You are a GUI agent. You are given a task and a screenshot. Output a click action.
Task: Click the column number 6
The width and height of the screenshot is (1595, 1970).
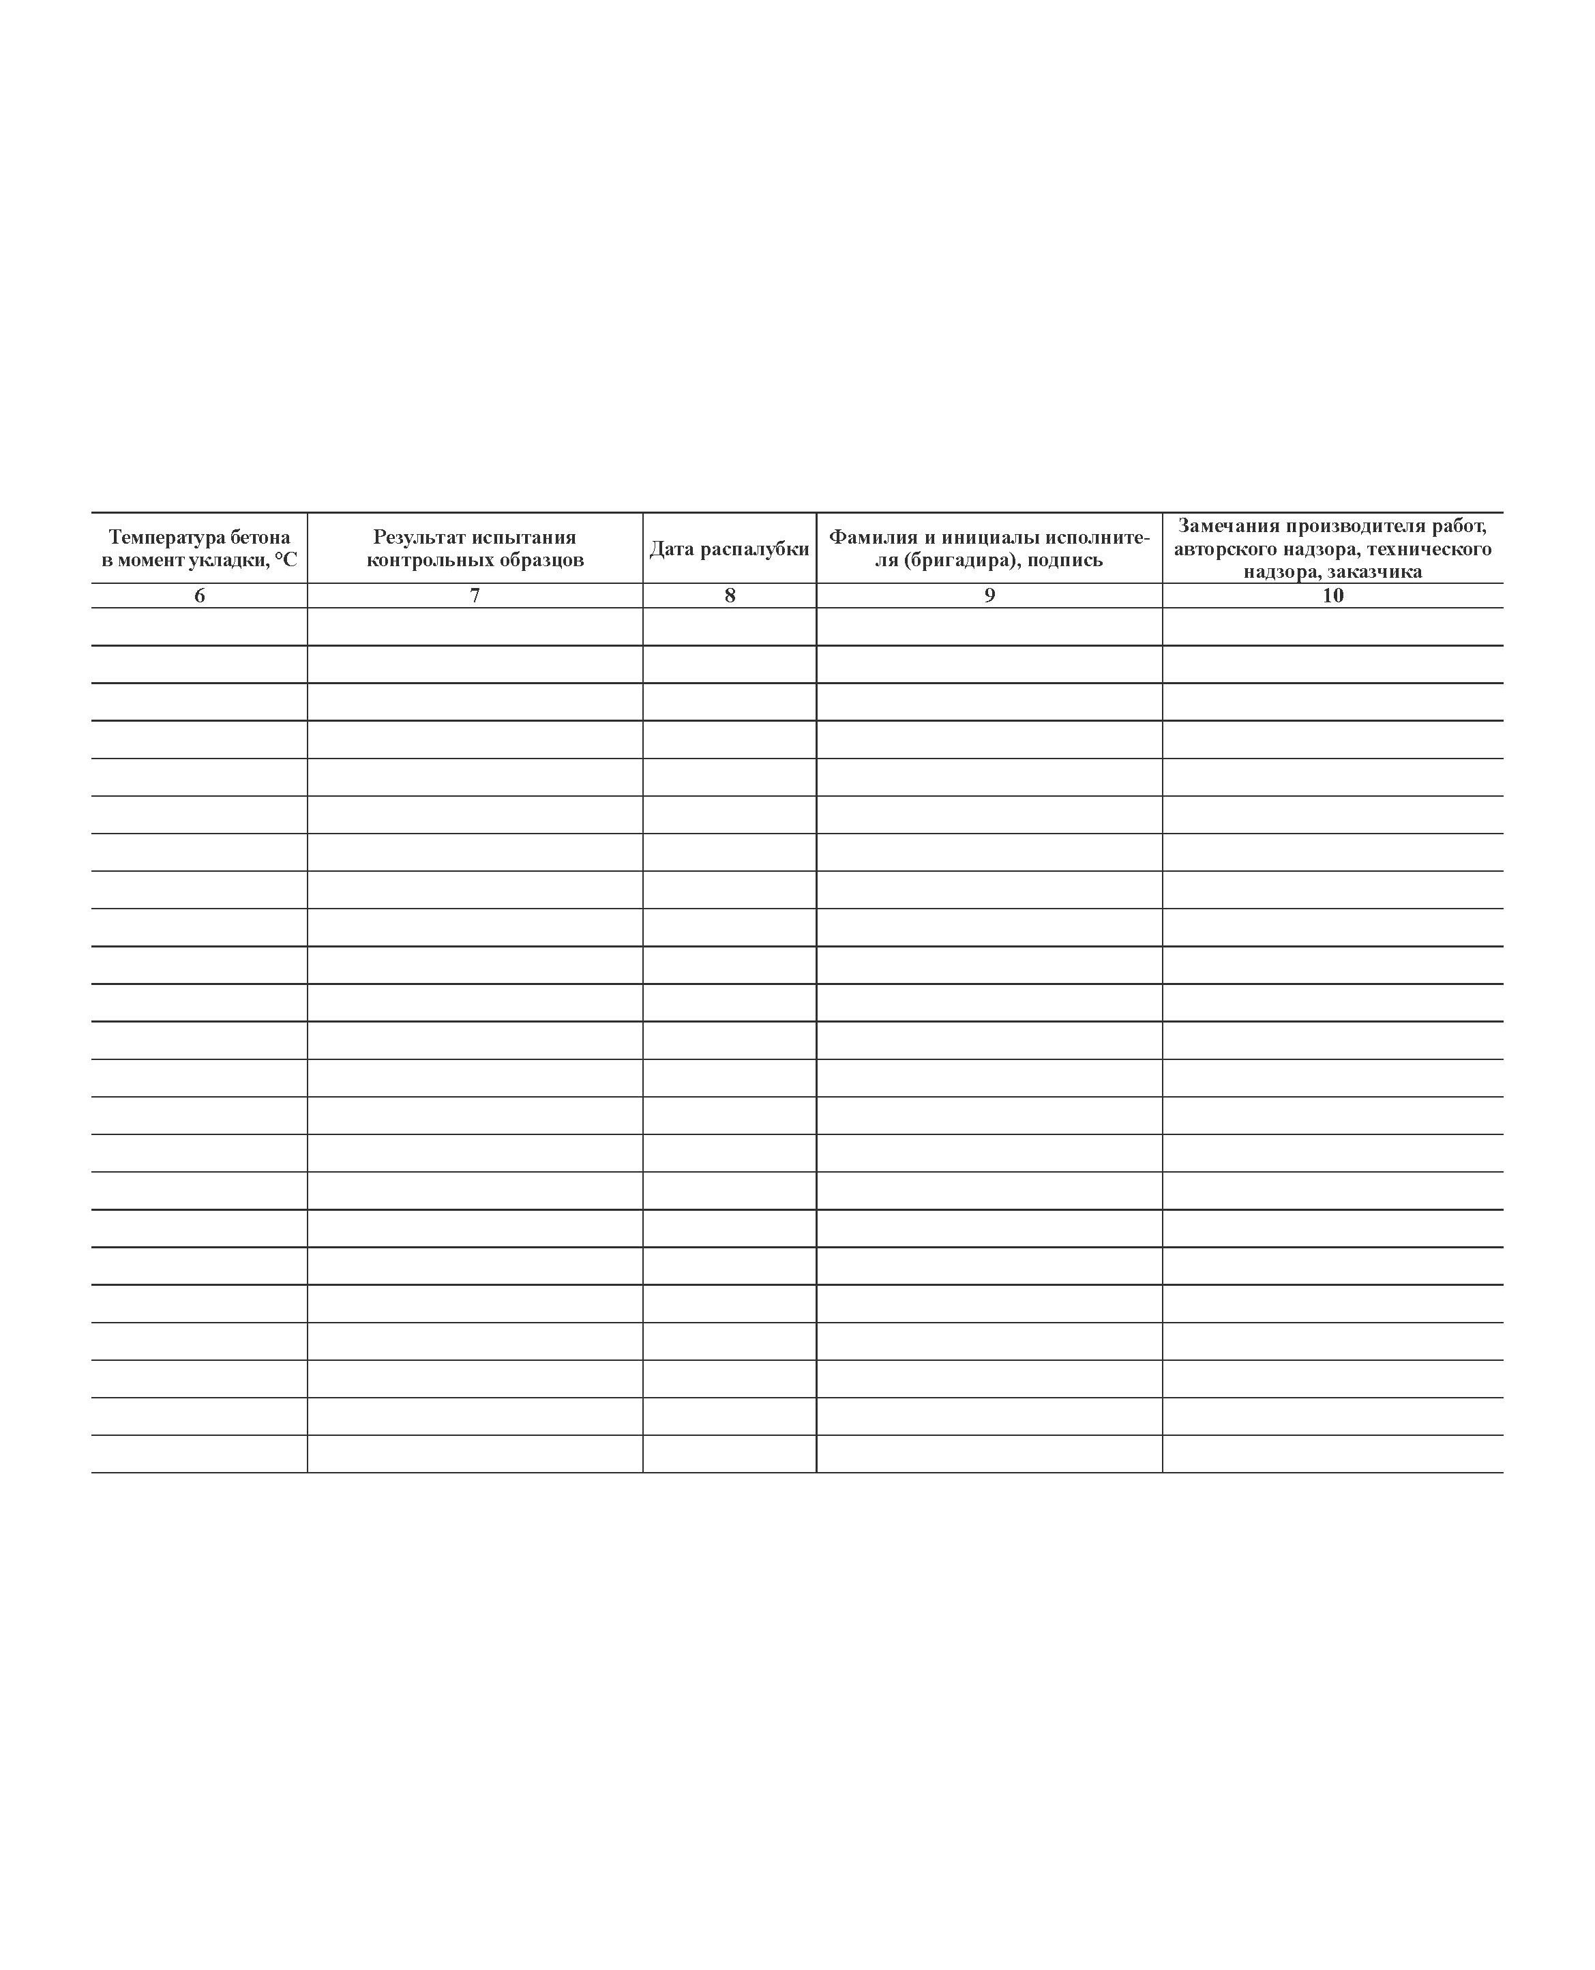tap(199, 596)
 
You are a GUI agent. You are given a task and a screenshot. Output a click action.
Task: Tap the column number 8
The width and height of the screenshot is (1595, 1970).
tap(730, 596)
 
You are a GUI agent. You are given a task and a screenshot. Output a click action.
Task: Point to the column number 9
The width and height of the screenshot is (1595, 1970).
tap(989, 596)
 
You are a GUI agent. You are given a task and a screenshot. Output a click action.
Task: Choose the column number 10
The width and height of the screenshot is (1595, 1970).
tap(1332, 596)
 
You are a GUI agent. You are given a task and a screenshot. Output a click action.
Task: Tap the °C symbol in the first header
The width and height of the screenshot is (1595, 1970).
tap(286, 559)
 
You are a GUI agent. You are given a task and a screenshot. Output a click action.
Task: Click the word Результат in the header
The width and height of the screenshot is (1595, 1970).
tap(419, 538)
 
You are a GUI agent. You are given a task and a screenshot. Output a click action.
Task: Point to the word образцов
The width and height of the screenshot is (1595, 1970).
tap(542, 559)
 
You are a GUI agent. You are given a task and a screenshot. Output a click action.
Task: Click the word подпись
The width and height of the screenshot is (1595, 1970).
tap(1065, 559)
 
